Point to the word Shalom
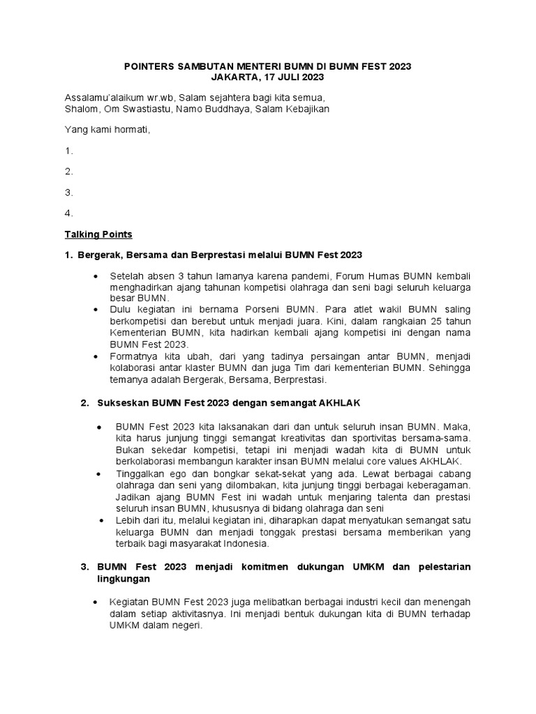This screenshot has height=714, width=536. [x=80, y=109]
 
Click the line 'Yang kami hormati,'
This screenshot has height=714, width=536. [x=107, y=130]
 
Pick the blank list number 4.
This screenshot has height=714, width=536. [x=69, y=213]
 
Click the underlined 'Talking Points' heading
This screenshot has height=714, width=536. [x=98, y=234]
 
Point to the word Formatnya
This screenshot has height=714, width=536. [x=134, y=356]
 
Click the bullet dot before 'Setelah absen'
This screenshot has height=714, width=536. [x=96, y=278]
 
